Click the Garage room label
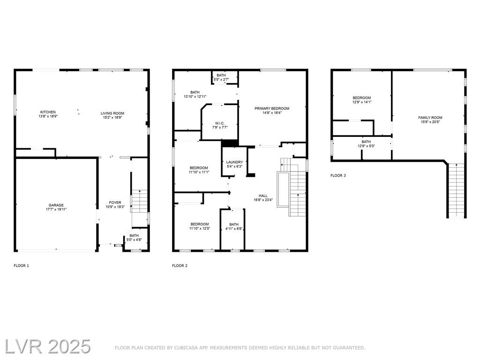click(x=56, y=205)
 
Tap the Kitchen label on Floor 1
click(x=48, y=112)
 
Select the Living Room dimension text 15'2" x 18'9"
click(x=112, y=117)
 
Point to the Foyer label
click(x=115, y=202)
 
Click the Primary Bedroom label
click(x=272, y=108)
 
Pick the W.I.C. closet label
click(x=220, y=123)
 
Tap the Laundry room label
click(x=234, y=162)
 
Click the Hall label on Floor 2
click(x=263, y=195)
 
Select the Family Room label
click(x=430, y=118)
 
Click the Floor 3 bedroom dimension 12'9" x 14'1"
click(x=362, y=102)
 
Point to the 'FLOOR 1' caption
click(x=22, y=266)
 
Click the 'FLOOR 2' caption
click(x=180, y=266)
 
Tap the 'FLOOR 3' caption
click(x=338, y=175)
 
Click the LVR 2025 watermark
click(x=48, y=347)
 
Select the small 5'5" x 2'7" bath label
click(x=221, y=80)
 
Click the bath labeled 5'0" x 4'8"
click(x=134, y=238)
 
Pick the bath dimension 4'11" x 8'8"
click(x=234, y=228)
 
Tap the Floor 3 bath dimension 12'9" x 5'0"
click(x=366, y=146)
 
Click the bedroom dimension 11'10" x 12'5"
click(x=200, y=228)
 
